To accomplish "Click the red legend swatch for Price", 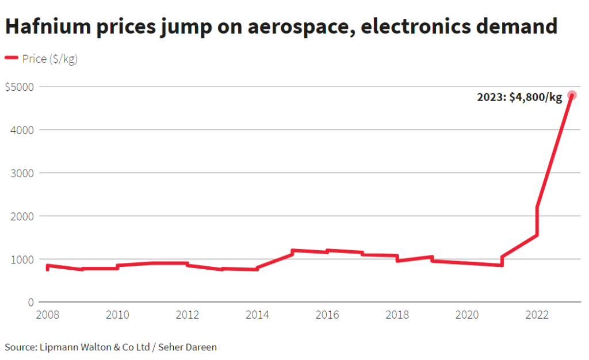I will coord(12,58).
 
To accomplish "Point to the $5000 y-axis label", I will coord(19,87).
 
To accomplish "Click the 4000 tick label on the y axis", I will coord(22,130).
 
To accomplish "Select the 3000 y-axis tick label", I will coord(22,173).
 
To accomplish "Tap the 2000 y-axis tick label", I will coord(22,216).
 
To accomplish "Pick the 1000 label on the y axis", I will coord(22,259).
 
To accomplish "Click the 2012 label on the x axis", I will coord(188,315).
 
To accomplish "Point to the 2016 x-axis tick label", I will coord(327,315).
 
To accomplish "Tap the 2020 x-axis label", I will coord(467,315).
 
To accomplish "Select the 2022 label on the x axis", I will coord(537,315).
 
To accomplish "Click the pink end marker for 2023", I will coord(572,95).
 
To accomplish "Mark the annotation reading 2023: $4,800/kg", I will coord(519,97).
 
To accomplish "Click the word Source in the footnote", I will coord(20,347).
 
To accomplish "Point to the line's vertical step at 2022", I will coord(537,221).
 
